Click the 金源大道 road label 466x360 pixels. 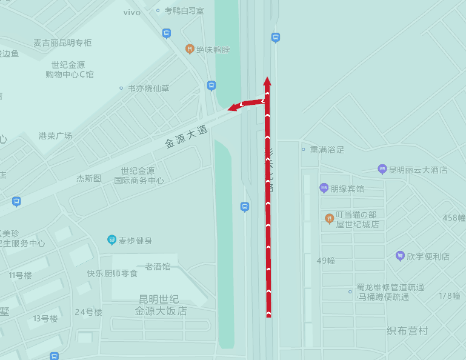tap(187, 137)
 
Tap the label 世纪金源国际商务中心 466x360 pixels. tap(139, 176)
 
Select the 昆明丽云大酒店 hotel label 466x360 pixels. tap(418, 170)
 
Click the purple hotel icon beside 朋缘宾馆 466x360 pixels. tap(324, 188)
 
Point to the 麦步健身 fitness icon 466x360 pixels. tap(112, 240)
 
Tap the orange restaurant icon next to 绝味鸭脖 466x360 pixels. tap(190, 49)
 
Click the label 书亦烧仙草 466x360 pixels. tap(148, 88)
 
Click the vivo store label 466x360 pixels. tap(131, 12)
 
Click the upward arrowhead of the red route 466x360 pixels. tap(267, 81)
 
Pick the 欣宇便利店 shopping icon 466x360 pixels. tap(400, 256)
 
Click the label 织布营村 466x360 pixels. tap(407, 331)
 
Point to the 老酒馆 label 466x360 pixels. tap(158, 266)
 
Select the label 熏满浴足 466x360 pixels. tap(327, 149)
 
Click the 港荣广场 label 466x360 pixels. tap(55, 136)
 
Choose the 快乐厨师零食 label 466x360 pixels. tap(112, 273)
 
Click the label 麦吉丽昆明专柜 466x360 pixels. tap(62, 43)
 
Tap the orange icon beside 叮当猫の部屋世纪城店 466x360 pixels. tap(330, 218)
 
